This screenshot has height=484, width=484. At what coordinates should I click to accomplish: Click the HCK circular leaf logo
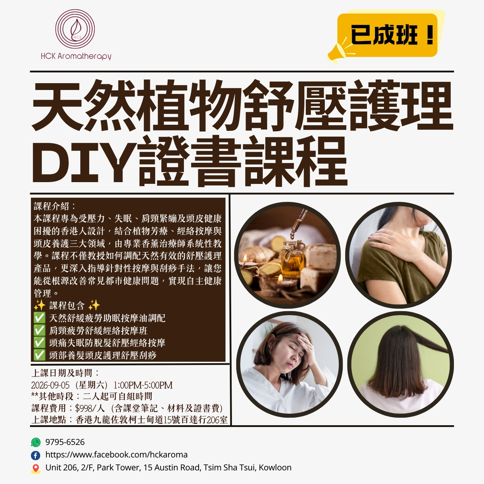[x=75, y=29]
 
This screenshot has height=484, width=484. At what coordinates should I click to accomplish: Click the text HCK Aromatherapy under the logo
[x=76, y=56]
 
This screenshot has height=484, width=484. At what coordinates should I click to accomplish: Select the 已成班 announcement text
[x=384, y=35]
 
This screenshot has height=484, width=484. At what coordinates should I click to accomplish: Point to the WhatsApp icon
[x=35, y=442]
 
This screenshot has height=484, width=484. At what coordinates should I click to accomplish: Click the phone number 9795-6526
[x=65, y=442]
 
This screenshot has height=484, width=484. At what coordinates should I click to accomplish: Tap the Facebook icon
[x=35, y=455]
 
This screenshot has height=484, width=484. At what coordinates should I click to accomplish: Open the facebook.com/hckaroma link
[x=117, y=455]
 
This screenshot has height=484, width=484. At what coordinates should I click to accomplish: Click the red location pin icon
[x=35, y=468]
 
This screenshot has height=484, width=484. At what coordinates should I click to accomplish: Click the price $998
[x=84, y=408]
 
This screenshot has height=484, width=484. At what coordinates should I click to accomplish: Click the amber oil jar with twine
[x=292, y=259]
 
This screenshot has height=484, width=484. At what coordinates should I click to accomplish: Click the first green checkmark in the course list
[x=39, y=318]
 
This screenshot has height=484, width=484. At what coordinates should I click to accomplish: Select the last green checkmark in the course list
[x=39, y=355]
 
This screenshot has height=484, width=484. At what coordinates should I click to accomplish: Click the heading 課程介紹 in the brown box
[x=51, y=207]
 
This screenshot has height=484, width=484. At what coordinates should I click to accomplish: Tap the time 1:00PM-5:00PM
[x=143, y=385]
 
